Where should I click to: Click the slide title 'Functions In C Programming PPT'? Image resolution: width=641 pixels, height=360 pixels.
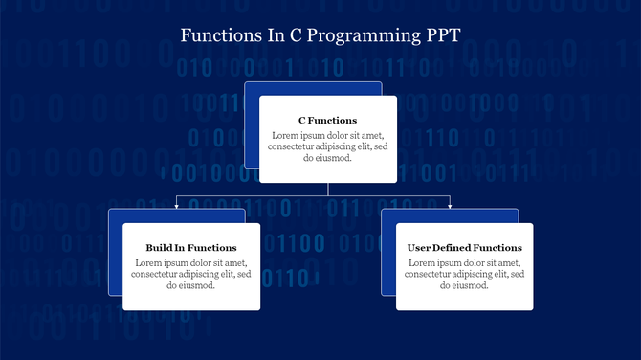tap(320, 35)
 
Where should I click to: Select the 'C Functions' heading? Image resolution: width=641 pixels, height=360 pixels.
tap(328, 121)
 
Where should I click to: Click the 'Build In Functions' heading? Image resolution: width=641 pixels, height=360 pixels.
tap(191, 248)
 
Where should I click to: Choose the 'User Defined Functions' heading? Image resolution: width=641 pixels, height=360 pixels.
tap(465, 248)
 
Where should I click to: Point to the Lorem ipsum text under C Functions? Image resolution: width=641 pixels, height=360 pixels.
tap(328, 146)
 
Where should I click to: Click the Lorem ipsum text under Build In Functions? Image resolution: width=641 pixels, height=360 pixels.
tap(191, 274)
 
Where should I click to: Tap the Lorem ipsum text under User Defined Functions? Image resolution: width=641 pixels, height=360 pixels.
tap(465, 274)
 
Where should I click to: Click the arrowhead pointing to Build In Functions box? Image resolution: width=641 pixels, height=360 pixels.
tap(177, 205)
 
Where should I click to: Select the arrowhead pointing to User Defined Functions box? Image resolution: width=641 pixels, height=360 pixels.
tap(451, 205)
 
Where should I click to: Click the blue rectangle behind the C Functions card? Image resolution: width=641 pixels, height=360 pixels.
tap(252, 124)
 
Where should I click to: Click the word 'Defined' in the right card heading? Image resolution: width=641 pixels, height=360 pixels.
tap(461, 248)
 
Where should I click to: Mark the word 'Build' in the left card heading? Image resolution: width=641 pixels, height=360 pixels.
tap(160, 248)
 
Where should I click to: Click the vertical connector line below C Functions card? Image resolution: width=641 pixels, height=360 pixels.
tap(328, 189)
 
